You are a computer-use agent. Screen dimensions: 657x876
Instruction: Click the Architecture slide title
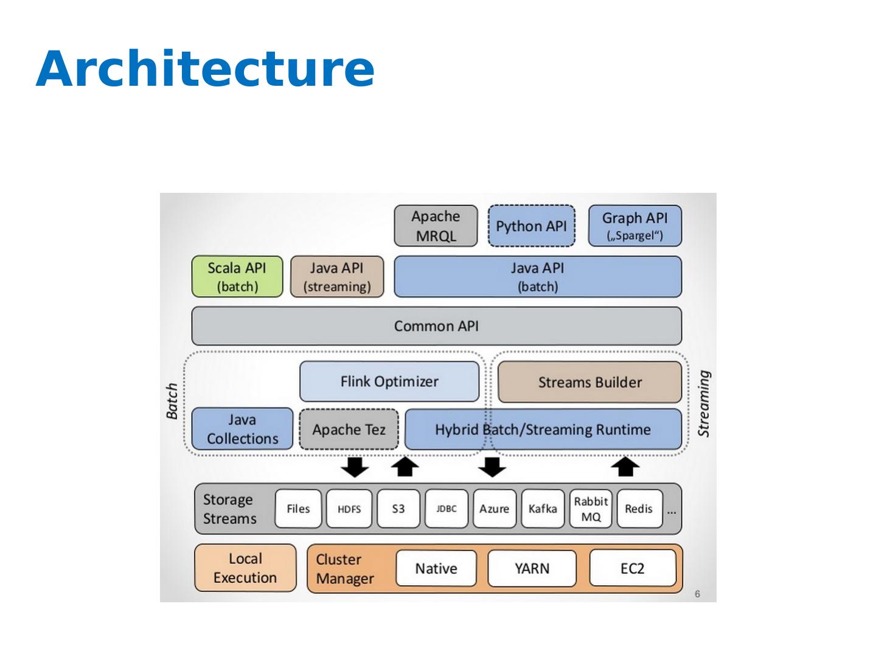(x=205, y=68)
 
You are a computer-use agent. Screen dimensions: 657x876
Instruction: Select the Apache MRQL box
(x=436, y=226)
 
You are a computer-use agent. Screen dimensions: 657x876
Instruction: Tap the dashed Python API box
(x=531, y=226)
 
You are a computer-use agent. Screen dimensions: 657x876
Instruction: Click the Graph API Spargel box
(x=634, y=226)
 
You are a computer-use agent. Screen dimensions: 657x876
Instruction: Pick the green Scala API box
(x=237, y=277)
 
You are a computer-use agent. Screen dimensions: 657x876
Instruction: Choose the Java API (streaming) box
(x=337, y=277)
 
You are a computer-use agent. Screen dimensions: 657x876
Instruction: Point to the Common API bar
(x=436, y=326)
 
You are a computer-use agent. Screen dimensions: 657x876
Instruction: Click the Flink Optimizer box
(x=389, y=381)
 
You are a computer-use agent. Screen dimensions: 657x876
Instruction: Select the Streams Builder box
(x=589, y=382)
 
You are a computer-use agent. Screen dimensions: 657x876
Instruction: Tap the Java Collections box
(x=242, y=429)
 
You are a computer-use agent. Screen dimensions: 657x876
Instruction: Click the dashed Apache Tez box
(x=349, y=429)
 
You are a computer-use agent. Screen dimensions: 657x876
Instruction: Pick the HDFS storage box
(x=349, y=509)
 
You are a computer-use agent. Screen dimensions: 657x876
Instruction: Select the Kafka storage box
(x=542, y=509)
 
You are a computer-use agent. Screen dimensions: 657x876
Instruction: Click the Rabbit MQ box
(x=591, y=509)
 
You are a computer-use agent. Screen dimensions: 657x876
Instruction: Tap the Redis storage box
(x=639, y=509)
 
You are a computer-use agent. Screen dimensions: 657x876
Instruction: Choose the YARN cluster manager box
(x=532, y=568)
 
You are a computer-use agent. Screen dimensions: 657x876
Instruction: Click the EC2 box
(x=632, y=568)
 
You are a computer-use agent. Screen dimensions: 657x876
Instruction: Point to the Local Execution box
(x=245, y=568)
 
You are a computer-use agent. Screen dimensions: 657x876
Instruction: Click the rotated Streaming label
(x=704, y=403)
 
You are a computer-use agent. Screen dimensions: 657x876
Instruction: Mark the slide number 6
(x=697, y=594)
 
